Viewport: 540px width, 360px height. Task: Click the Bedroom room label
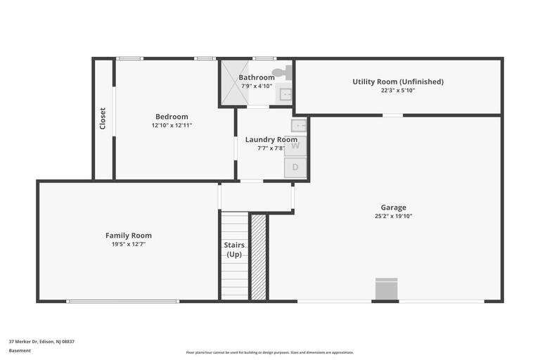click(x=172, y=117)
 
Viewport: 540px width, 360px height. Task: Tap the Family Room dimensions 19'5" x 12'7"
click(x=129, y=245)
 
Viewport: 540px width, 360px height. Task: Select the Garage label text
click(x=393, y=207)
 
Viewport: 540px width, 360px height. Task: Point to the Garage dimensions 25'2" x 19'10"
click(x=393, y=217)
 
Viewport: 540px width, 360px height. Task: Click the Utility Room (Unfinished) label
click(x=398, y=82)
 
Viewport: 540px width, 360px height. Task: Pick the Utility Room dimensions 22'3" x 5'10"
click(x=398, y=91)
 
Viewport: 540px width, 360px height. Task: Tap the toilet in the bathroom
click(x=282, y=72)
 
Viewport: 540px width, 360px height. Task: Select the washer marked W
click(x=296, y=146)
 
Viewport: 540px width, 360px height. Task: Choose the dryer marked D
click(x=296, y=167)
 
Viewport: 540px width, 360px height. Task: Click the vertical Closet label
click(x=103, y=118)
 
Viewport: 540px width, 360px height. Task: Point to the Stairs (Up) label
click(x=234, y=250)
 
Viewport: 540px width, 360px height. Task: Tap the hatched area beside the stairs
click(x=258, y=257)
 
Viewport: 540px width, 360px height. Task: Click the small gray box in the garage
click(x=386, y=289)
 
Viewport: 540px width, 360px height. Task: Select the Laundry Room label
click(x=271, y=139)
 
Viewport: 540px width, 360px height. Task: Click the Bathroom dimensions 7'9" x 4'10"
click(x=256, y=86)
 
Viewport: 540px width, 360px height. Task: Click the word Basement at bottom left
click(x=20, y=351)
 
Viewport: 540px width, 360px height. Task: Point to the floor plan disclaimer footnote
click(x=270, y=352)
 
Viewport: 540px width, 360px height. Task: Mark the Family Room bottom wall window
click(x=123, y=301)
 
